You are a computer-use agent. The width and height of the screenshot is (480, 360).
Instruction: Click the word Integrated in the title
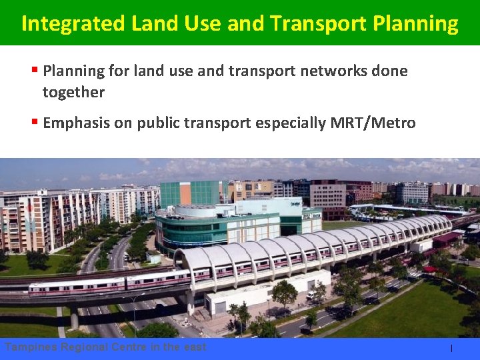[x=73, y=23]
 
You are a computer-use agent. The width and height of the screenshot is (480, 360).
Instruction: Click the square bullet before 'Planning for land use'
[x=35, y=70]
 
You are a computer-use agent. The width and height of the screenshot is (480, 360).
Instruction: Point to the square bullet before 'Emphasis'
[x=35, y=122]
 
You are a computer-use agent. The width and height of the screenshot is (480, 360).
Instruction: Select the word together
[x=73, y=92]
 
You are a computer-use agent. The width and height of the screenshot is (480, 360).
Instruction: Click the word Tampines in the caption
[x=31, y=347]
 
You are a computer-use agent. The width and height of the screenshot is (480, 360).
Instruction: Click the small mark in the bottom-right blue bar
[x=451, y=348]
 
